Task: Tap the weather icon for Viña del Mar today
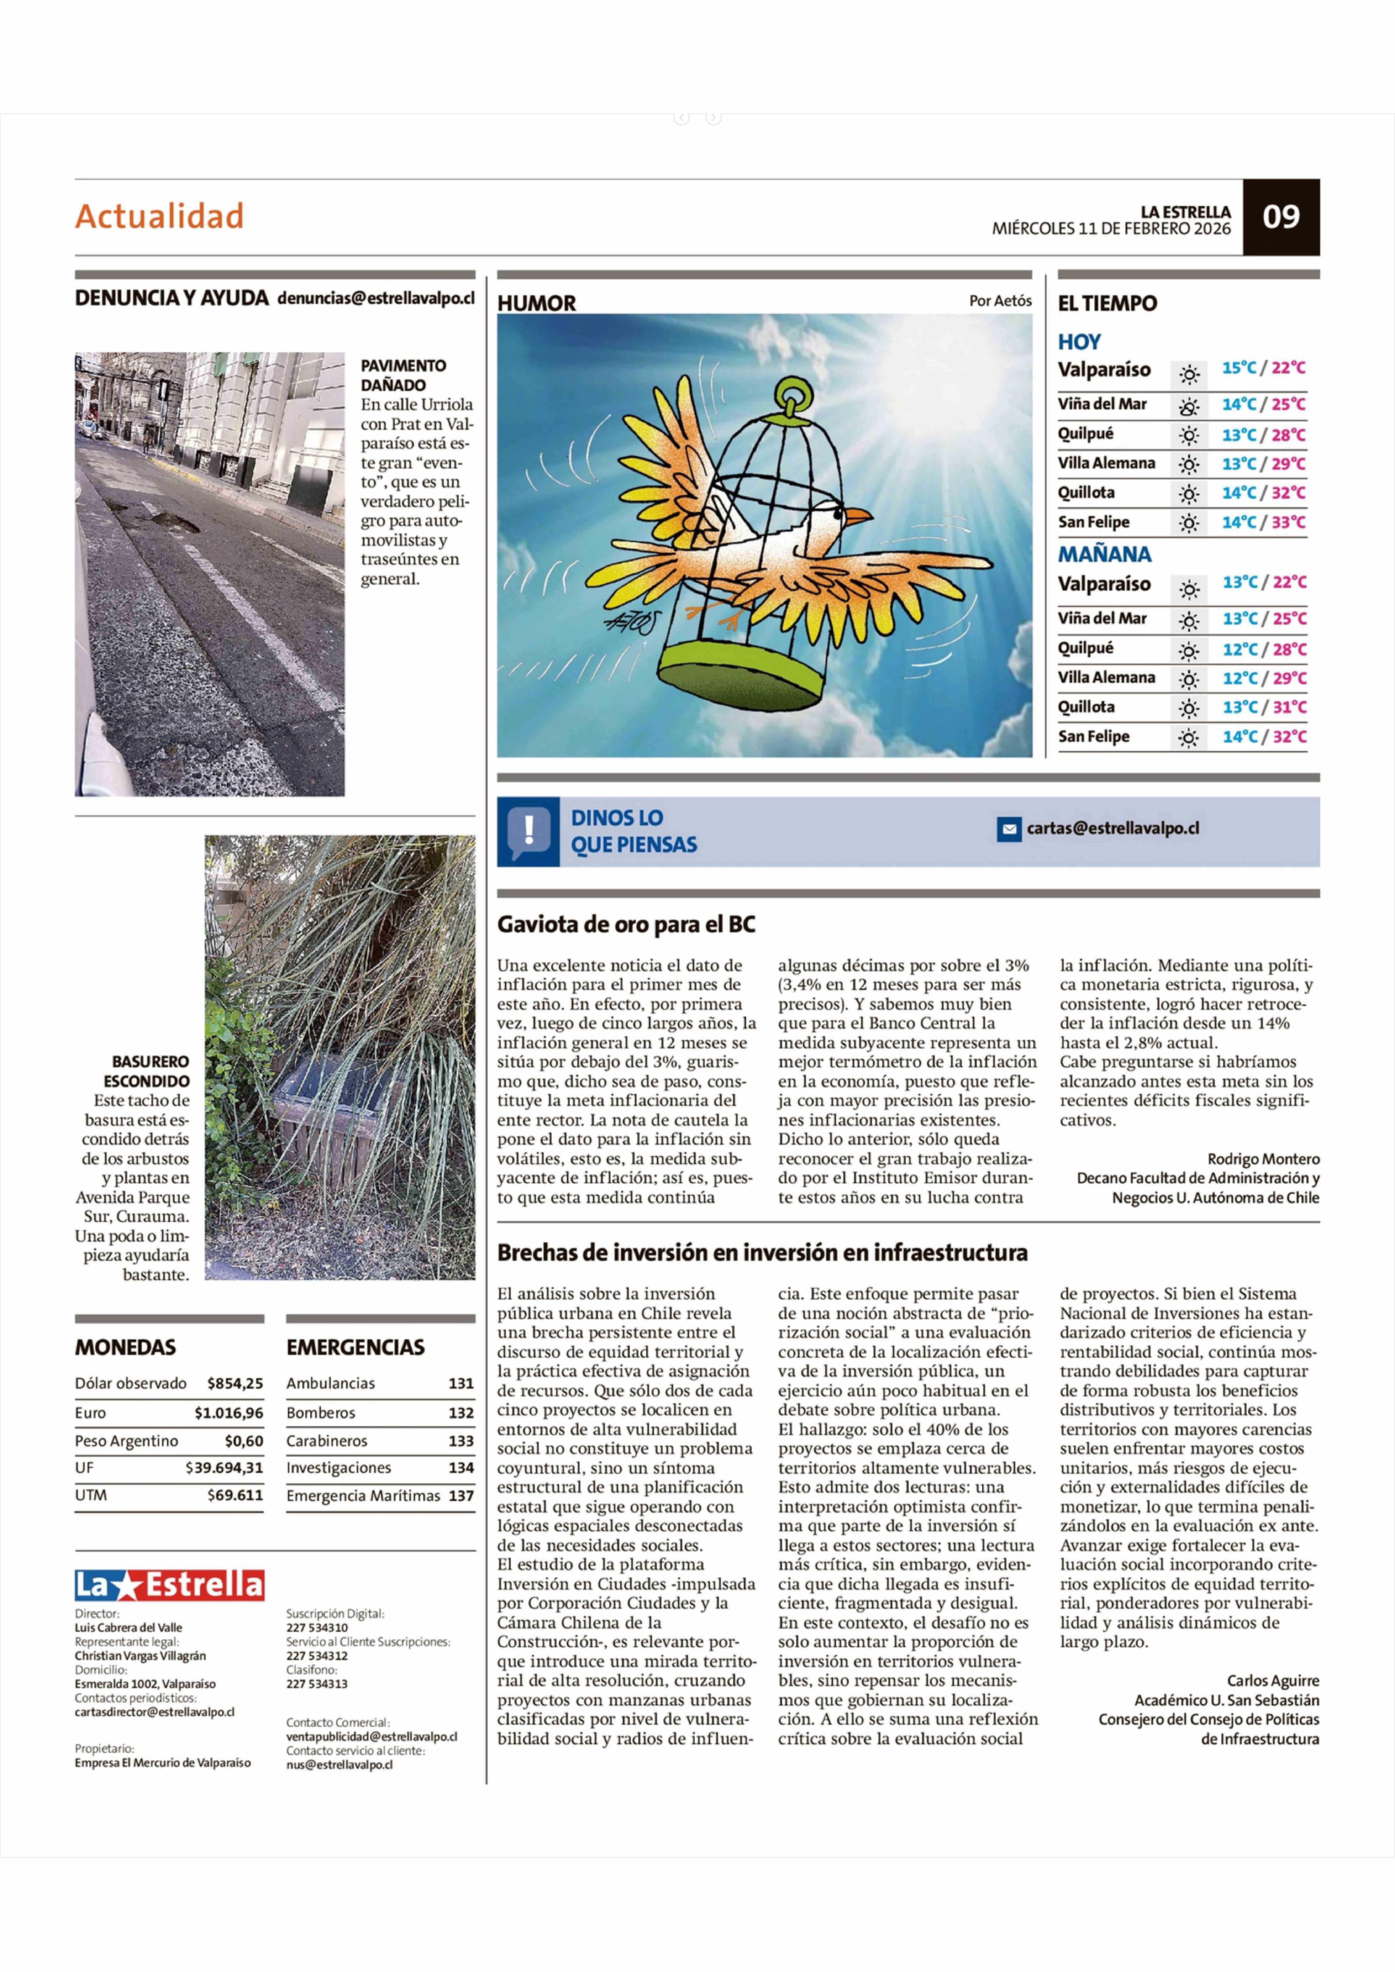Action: click(x=1189, y=405)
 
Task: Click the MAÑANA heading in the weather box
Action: click(x=1104, y=554)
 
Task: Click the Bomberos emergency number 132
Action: click(x=461, y=1412)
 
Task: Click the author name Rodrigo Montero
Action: click(x=1263, y=1159)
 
